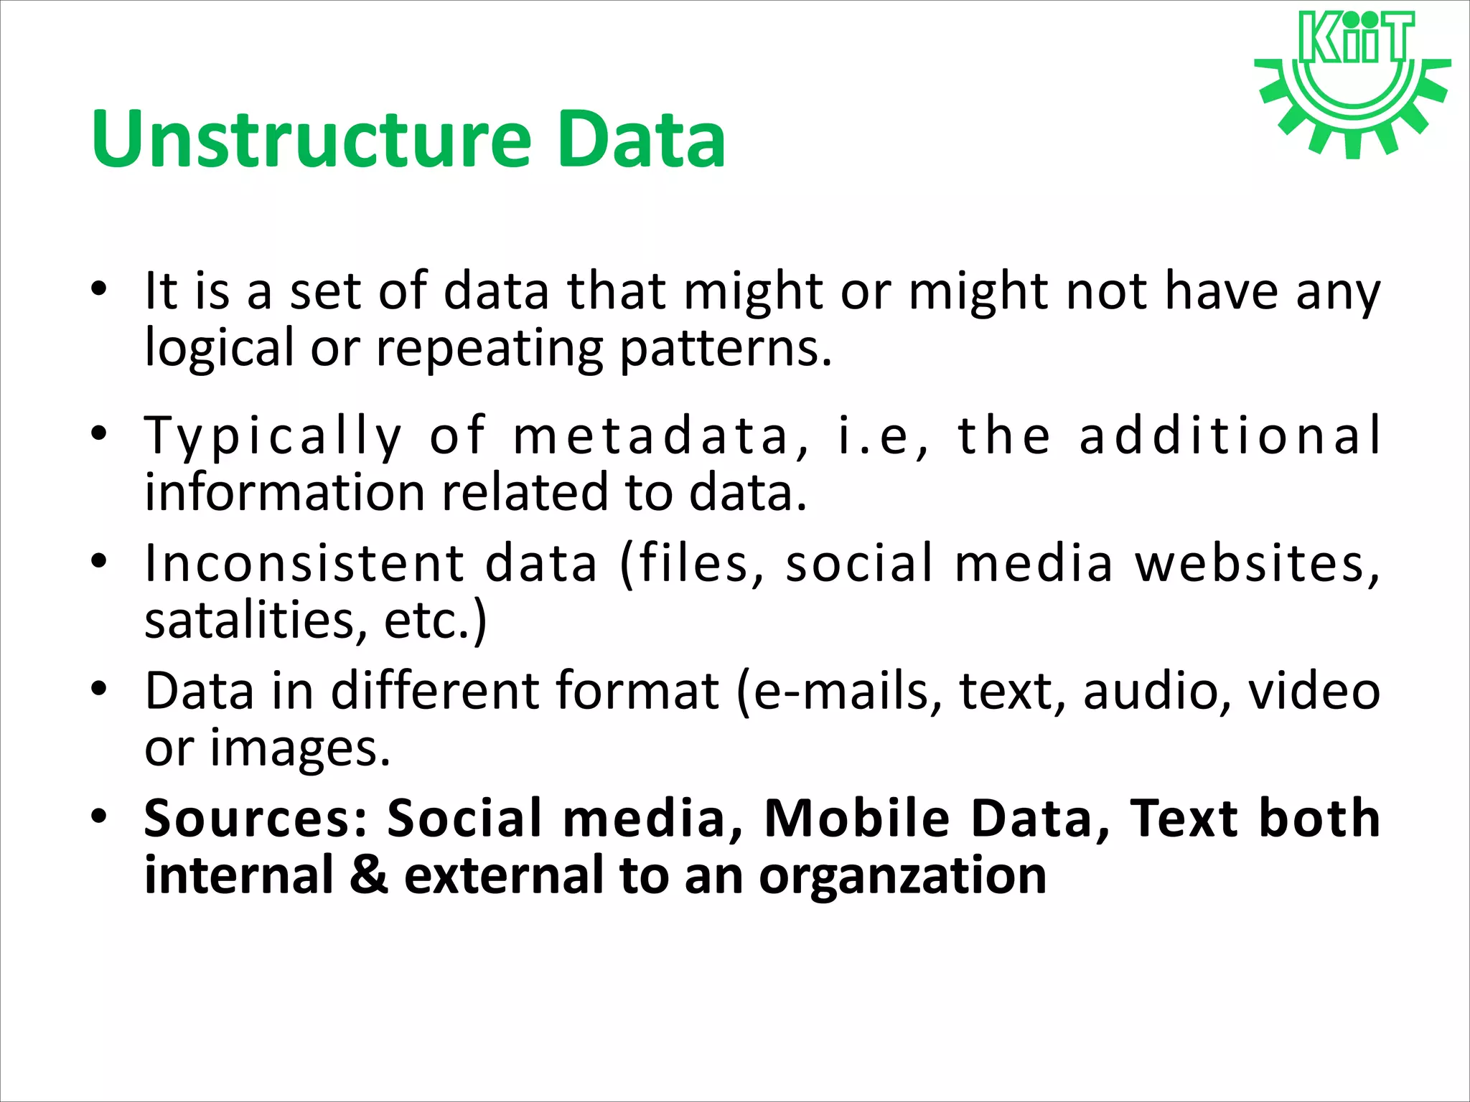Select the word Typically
click(273, 436)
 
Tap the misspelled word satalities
click(250, 619)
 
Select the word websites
click(1256, 563)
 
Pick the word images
click(300, 748)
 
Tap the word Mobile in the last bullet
click(857, 819)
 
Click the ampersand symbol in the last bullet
click(369, 875)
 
